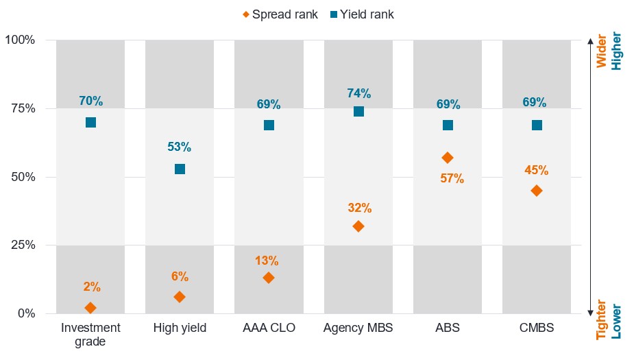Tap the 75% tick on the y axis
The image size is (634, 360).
point(20,108)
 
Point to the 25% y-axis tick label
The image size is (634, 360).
point(20,245)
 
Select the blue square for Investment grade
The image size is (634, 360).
point(90,122)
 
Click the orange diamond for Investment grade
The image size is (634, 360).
point(90,308)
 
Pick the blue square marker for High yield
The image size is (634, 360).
point(180,169)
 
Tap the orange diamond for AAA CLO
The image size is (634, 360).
point(269,278)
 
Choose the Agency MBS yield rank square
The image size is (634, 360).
point(358,111)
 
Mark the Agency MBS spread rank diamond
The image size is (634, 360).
point(358,226)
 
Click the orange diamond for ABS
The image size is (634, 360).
point(448,158)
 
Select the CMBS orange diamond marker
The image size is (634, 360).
point(537,190)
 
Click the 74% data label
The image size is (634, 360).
point(358,93)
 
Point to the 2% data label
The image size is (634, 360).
point(90,287)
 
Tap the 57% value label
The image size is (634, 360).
point(452,179)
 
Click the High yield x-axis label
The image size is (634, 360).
point(180,328)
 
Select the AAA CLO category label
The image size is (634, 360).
point(269,328)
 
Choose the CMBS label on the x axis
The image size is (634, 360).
point(537,328)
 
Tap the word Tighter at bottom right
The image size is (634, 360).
point(601,320)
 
